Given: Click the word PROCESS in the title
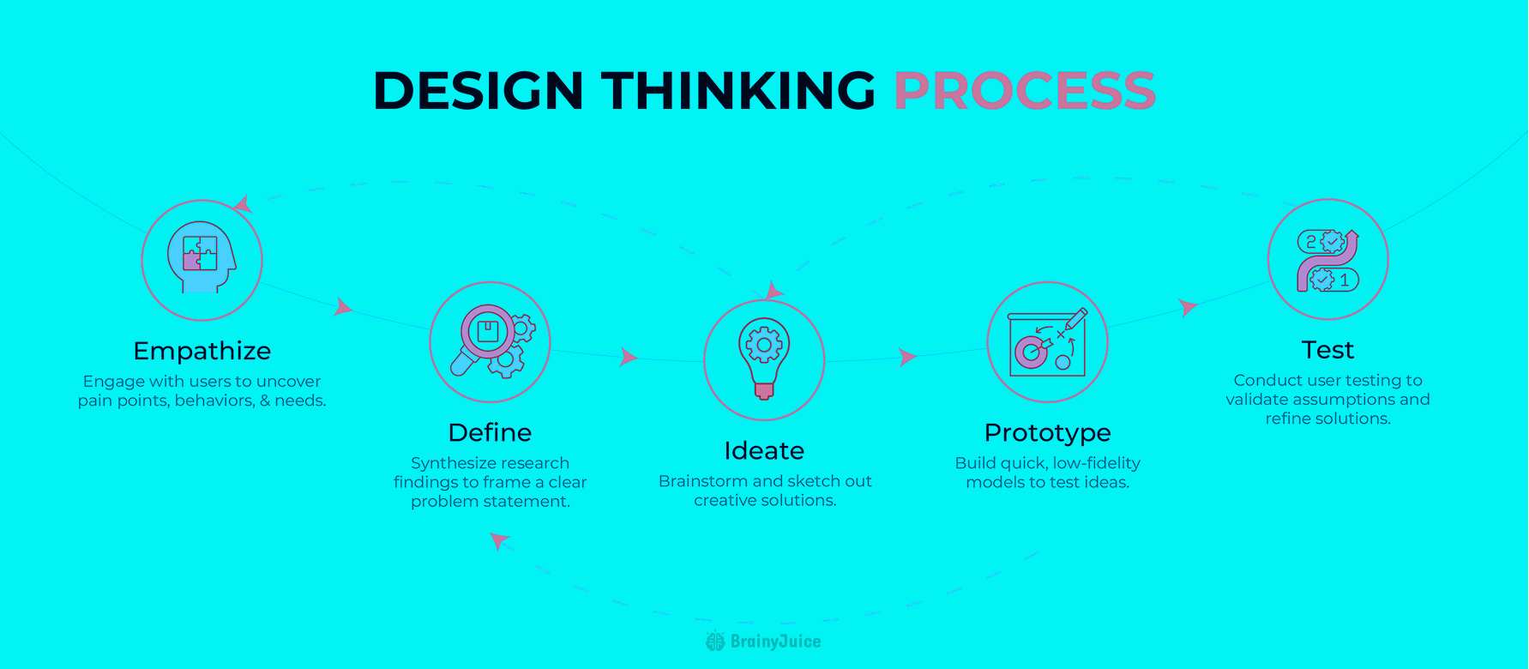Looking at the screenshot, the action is (x=1025, y=90).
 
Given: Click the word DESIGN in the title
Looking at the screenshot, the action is (x=479, y=90).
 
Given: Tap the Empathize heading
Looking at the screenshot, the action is (x=202, y=351).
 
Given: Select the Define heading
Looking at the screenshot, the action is (x=490, y=432).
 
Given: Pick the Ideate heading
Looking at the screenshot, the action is (x=764, y=450).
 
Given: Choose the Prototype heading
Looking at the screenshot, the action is (x=1047, y=433).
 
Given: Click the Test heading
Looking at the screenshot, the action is (x=1327, y=350).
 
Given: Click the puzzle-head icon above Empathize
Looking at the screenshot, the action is (x=202, y=257).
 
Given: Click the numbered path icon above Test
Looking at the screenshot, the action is (x=1327, y=260).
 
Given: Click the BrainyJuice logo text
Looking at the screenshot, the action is (x=775, y=642).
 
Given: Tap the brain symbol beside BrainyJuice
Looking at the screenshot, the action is (x=715, y=641).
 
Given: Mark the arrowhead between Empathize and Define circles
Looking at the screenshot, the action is (x=343, y=306).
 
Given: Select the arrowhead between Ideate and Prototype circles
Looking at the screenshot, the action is (x=907, y=357).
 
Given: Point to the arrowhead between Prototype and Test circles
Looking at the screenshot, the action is (x=1188, y=307).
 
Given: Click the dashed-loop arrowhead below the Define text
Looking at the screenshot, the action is (x=499, y=540).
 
